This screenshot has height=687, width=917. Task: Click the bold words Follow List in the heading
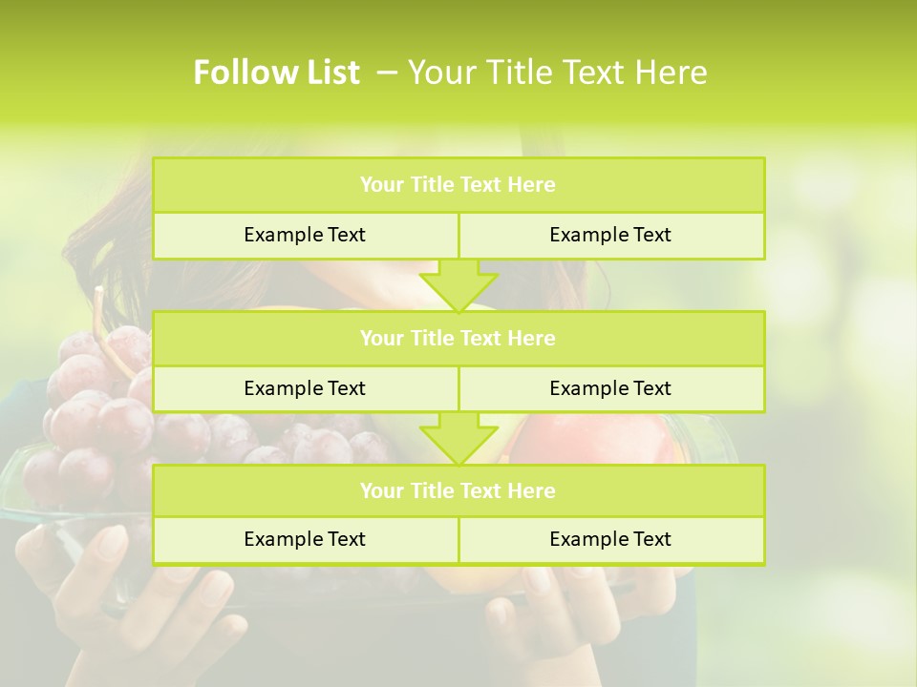[276, 73]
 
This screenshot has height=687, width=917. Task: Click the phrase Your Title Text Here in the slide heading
[557, 73]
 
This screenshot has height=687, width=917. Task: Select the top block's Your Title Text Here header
[458, 185]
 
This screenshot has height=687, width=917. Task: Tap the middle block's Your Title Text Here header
[458, 339]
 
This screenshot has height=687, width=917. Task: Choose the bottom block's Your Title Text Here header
[458, 491]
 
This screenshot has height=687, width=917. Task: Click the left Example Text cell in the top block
[305, 235]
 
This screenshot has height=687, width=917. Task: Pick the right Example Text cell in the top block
[610, 235]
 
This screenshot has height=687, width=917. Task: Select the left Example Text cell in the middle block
[305, 388]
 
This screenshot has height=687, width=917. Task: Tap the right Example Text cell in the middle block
[610, 388]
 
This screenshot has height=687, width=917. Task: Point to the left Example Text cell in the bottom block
[305, 539]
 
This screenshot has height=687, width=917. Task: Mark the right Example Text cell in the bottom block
[610, 539]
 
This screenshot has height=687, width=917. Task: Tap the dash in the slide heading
[388, 73]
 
